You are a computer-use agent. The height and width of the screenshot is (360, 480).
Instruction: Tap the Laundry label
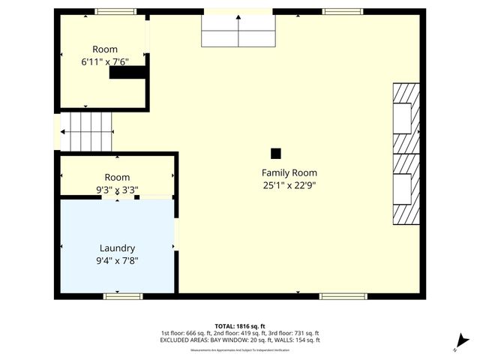[117, 248]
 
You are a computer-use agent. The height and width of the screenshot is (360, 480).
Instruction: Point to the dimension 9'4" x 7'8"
[117, 261]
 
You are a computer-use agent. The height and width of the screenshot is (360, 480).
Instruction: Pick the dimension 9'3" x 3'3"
[117, 190]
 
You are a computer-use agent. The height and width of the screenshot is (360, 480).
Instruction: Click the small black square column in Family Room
[275, 153]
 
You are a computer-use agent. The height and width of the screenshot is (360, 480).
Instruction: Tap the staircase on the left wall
[85, 130]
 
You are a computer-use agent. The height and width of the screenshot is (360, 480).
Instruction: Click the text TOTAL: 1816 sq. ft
[240, 326]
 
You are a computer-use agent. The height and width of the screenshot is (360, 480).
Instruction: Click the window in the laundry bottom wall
[123, 296]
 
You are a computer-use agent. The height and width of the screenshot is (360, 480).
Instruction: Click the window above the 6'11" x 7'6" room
[115, 11]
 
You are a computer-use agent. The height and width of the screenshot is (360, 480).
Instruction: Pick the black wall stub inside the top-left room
[127, 73]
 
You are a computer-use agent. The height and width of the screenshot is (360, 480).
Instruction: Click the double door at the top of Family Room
[238, 31]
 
